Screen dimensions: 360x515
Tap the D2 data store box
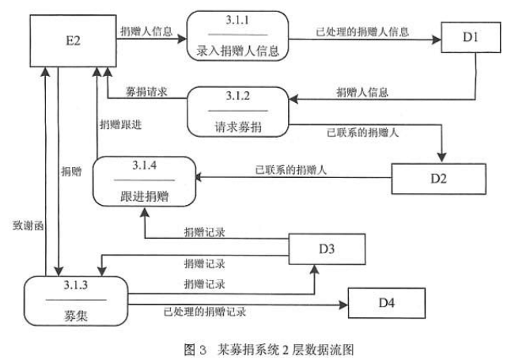(x=439, y=179)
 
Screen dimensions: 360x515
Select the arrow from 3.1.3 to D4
(x=237, y=303)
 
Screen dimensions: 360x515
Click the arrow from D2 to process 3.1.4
(x=293, y=179)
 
